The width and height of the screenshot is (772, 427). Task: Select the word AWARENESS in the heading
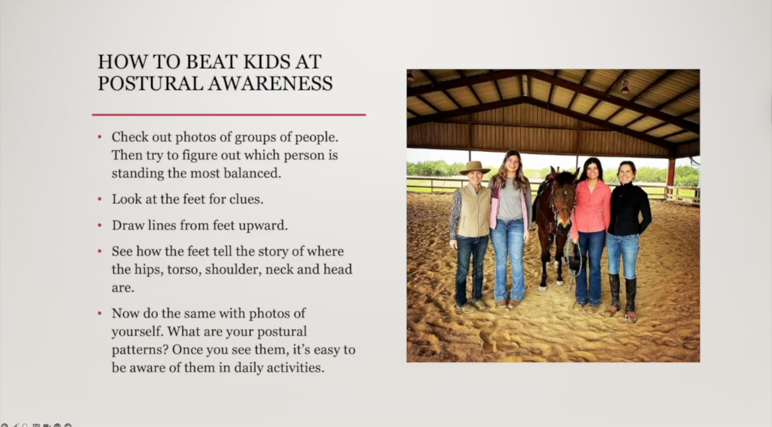coord(270,83)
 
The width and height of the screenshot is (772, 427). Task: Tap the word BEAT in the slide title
coord(211,62)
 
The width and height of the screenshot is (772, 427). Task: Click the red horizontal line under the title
coord(229,115)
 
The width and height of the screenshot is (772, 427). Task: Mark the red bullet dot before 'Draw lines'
coord(100,225)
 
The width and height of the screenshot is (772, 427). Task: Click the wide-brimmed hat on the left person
coord(475,168)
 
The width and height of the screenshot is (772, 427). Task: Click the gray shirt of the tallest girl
coord(510,199)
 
